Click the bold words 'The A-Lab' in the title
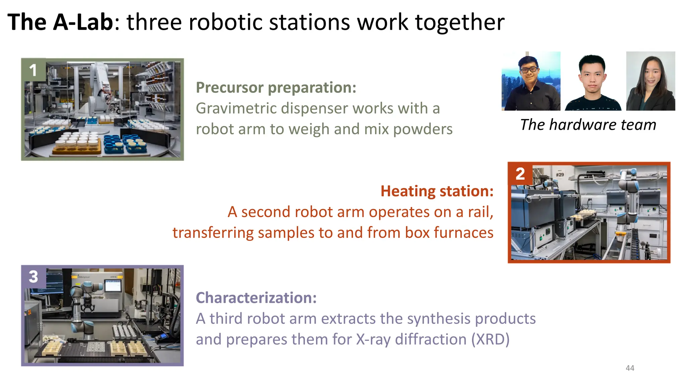pos(60,22)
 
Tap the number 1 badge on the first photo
pos(33,70)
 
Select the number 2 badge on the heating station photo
pos(520,174)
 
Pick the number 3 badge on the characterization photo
pos(33,277)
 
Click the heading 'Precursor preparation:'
pos(276,87)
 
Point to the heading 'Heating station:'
pos(437,191)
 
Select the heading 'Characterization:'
pos(256,298)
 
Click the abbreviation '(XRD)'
pos(490,339)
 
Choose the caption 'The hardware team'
pos(588,125)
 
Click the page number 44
pos(630,368)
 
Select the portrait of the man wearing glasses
pos(531,81)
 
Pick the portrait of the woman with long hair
pos(650,81)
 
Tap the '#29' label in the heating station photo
pos(560,175)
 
